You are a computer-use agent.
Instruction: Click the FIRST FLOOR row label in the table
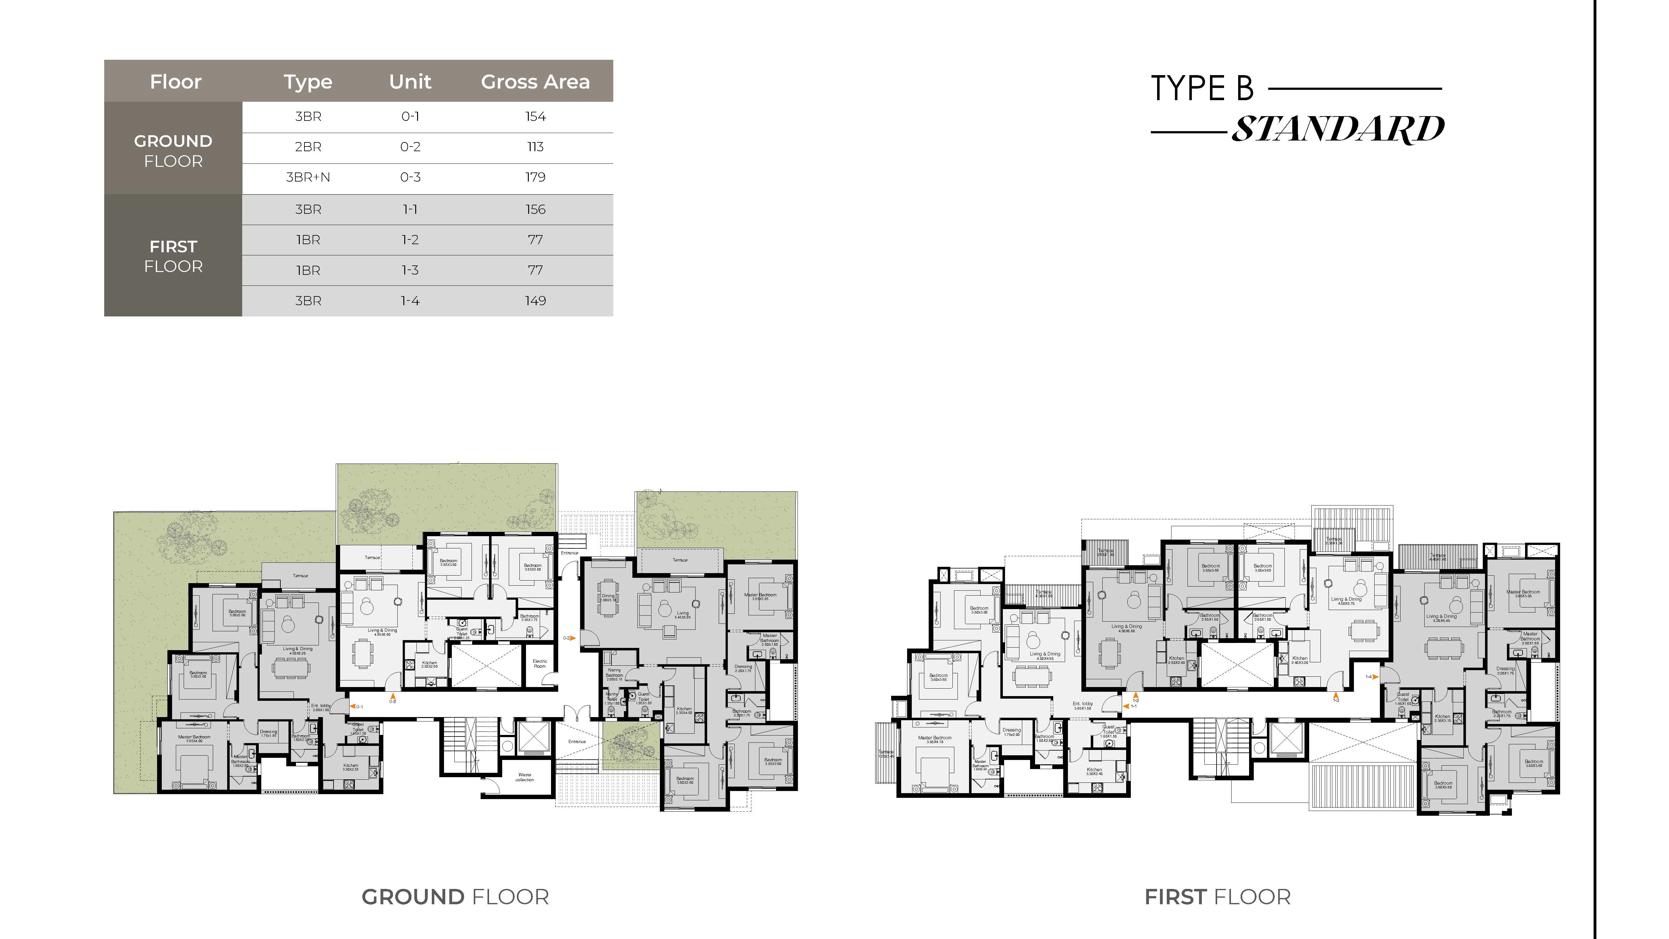click(173, 256)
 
